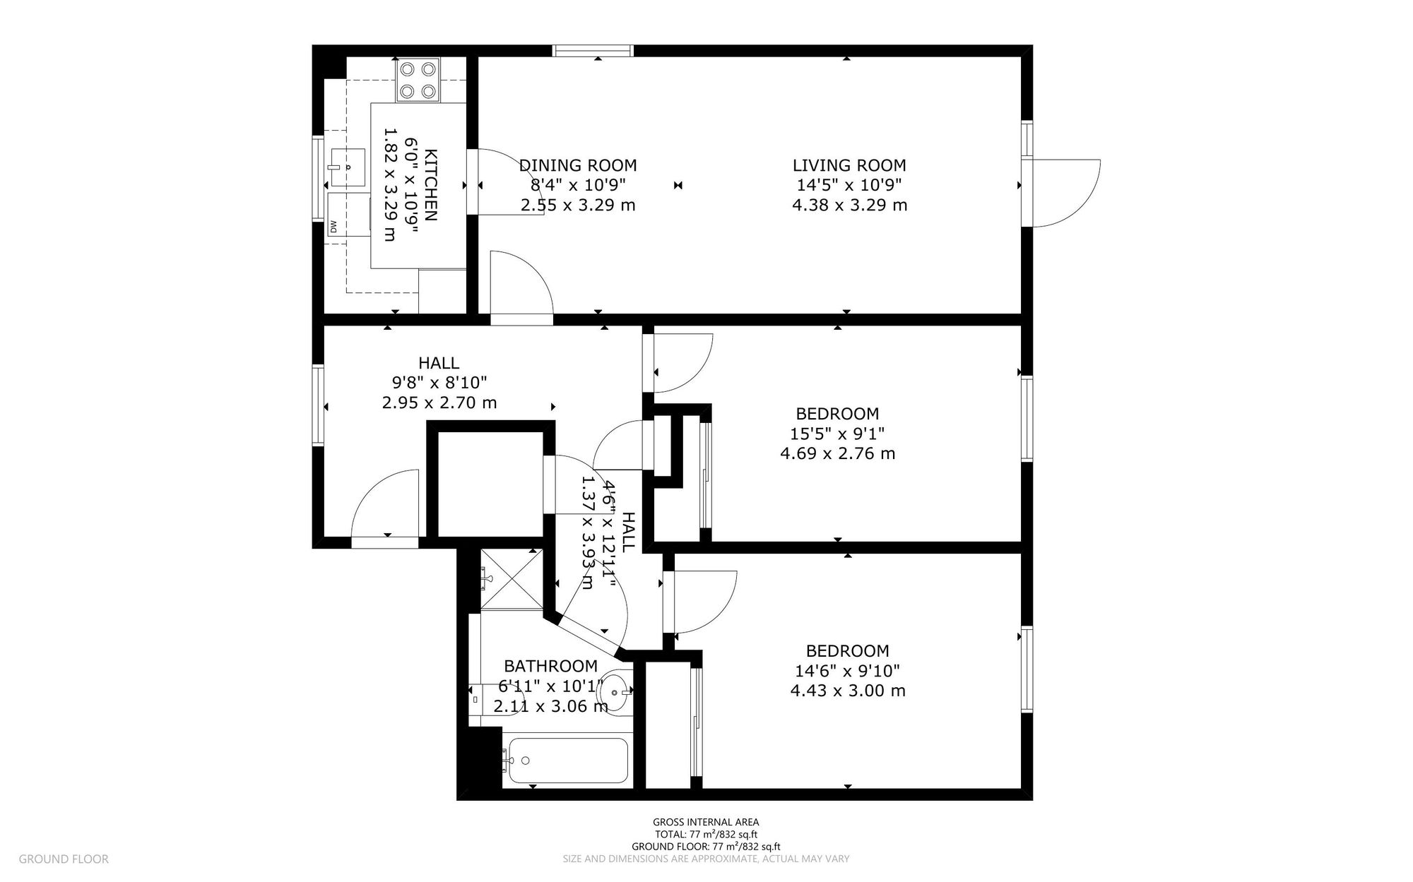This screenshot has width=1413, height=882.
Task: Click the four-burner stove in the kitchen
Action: (418, 80)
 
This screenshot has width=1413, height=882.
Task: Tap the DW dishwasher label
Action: (333, 227)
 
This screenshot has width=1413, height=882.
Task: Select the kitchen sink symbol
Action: (348, 167)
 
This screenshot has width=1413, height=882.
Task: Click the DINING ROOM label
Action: (578, 166)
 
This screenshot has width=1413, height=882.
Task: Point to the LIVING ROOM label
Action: (849, 166)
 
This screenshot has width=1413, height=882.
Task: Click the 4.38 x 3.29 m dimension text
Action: (849, 205)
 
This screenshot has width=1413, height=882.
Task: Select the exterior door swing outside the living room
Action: (1063, 193)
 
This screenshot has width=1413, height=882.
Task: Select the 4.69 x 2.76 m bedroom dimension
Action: (837, 453)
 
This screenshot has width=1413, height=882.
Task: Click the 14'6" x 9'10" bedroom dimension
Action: (847, 671)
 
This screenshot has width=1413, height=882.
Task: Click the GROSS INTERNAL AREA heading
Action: (706, 822)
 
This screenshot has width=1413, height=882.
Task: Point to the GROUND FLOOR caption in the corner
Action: (64, 859)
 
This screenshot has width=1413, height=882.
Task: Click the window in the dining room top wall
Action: (593, 50)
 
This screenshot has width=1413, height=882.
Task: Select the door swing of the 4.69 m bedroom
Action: (682, 362)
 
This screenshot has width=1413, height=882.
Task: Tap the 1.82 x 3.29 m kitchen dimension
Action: (389, 184)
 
